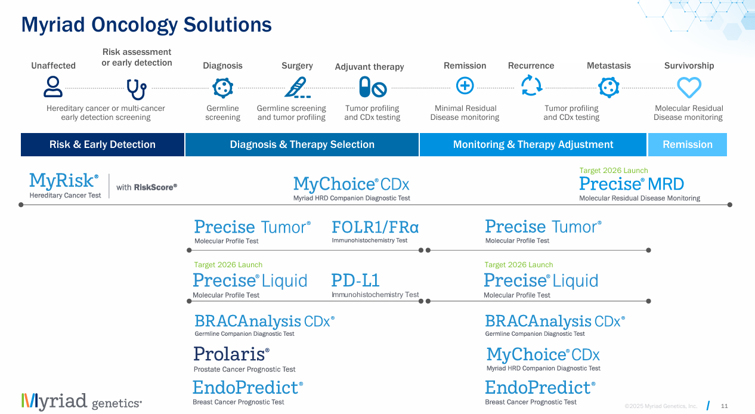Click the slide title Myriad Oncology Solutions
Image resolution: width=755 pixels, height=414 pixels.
146,24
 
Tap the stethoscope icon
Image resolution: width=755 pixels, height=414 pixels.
137,88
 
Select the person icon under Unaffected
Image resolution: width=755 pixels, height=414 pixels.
53,87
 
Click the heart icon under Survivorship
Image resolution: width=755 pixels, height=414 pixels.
689,88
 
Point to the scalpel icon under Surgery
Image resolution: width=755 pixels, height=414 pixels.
296,88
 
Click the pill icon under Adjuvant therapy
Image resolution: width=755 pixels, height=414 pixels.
372,88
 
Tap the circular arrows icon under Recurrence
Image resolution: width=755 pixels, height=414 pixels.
531,86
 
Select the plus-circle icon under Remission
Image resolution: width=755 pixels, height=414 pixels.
465,86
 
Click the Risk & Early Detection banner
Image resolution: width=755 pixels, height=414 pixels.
103,144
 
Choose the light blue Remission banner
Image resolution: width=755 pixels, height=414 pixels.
687,144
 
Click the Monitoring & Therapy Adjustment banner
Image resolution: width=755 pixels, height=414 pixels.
533,144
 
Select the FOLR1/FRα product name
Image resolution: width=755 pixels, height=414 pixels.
375,227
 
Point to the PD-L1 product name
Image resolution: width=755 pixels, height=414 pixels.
355,280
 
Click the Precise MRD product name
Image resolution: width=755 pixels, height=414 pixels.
631,184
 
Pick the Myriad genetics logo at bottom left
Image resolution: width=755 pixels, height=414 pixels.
82,401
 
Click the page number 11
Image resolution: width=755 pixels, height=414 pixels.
725,406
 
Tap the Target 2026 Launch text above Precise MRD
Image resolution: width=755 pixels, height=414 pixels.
613,171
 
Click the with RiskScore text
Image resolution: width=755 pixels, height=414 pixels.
147,187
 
